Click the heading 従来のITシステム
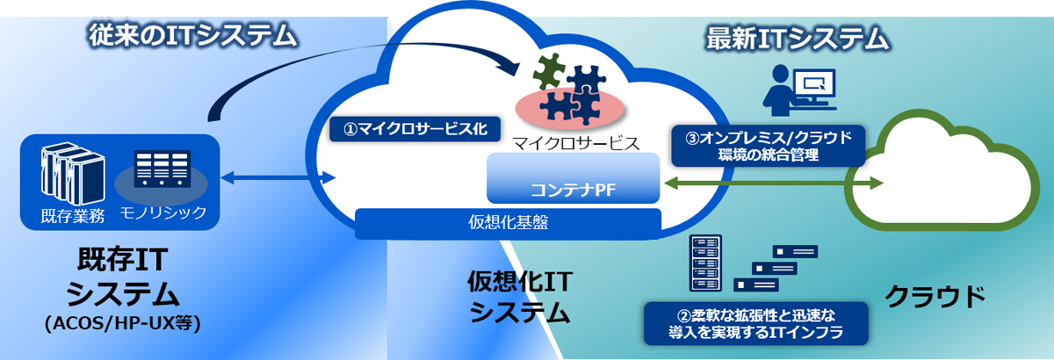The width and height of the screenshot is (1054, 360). click(193, 36)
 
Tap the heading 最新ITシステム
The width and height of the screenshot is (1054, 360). click(798, 38)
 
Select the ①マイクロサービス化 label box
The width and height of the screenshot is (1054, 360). click(415, 129)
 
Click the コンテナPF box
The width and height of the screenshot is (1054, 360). click(573, 178)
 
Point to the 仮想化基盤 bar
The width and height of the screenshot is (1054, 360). click(509, 223)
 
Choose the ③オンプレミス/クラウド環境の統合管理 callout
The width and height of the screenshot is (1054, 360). click(768, 146)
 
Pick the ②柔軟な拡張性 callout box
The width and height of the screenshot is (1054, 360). click(755, 324)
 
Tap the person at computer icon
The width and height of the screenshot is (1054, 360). click(799, 90)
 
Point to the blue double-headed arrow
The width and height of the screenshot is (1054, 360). click(278, 178)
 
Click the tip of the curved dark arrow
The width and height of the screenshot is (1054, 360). click(518, 74)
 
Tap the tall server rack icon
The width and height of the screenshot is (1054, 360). click(705, 263)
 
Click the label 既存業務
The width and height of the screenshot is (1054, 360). click(73, 216)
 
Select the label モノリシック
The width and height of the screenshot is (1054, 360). click(163, 212)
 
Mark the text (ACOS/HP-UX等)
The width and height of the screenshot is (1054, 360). click(123, 324)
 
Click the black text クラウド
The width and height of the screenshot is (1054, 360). click(935, 297)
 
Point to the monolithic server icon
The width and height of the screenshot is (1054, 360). click(162, 169)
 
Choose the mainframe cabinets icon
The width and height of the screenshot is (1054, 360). click(72, 173)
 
